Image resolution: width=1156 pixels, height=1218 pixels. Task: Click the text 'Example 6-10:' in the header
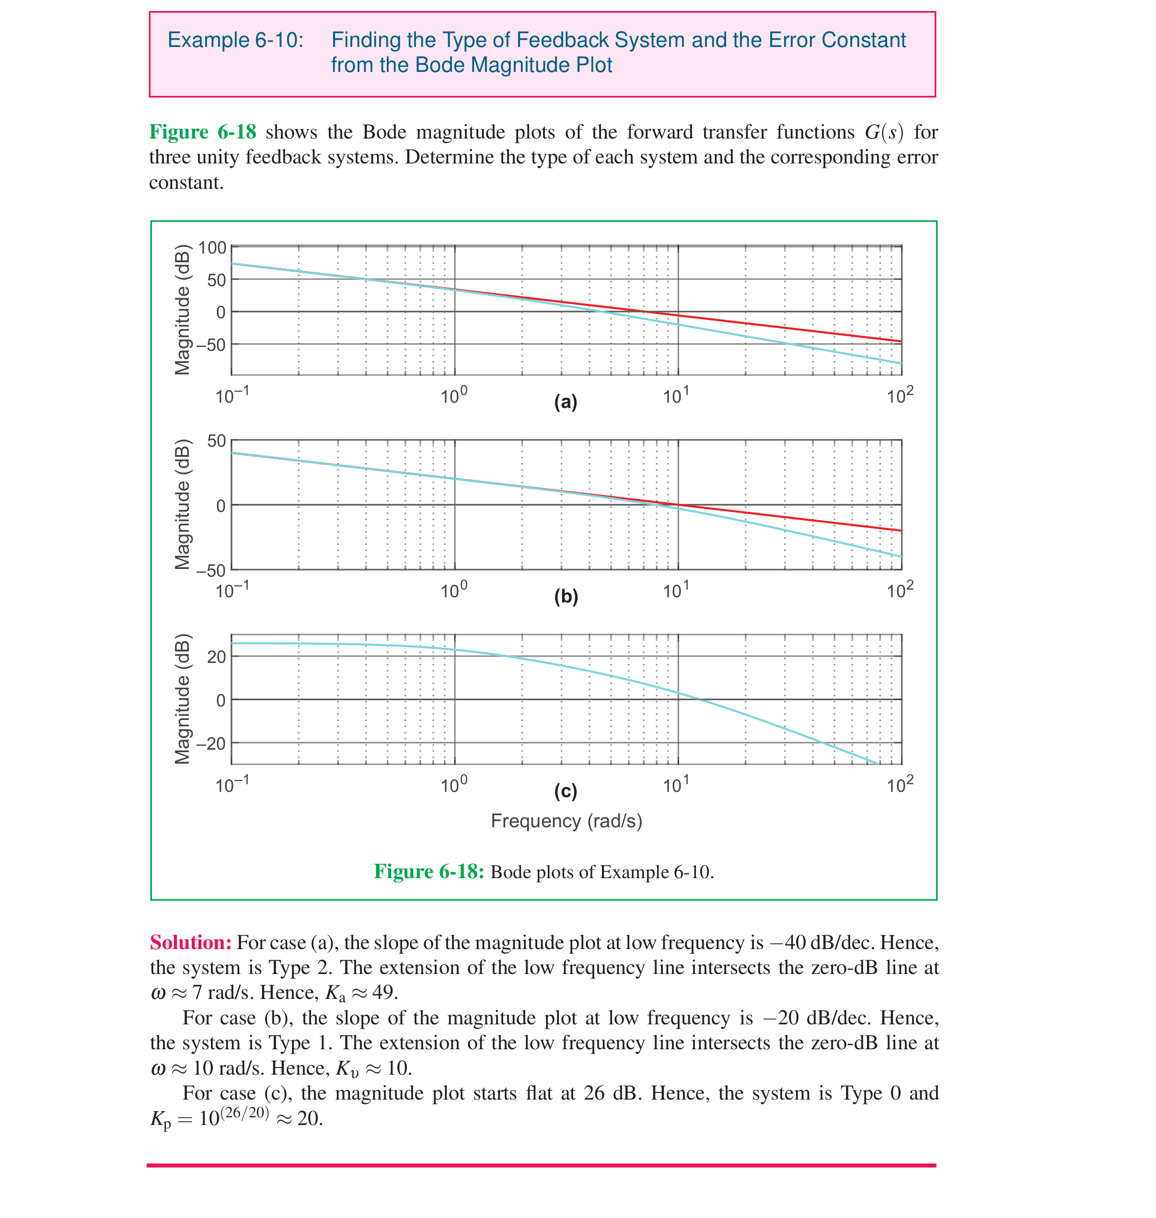pos(235,40)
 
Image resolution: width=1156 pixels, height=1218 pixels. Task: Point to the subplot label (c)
pos(565,790)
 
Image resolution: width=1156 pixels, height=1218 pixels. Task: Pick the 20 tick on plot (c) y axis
pos(216,657)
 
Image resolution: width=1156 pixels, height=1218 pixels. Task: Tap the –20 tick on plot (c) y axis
pos(211,744)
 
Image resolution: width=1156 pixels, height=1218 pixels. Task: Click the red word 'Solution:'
pos(190,942)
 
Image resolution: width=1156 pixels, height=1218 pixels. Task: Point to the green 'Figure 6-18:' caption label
pos(429,871)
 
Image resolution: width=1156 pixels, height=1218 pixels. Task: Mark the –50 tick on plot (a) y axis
pos(211,345)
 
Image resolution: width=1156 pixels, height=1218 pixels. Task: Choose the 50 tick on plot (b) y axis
pos(216,441)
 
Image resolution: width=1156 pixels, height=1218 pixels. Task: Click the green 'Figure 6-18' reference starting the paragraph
pos(203,132)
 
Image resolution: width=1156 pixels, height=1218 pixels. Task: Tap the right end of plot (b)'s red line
pos(900,530)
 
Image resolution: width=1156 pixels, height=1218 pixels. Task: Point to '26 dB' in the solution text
pos(610,1093)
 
